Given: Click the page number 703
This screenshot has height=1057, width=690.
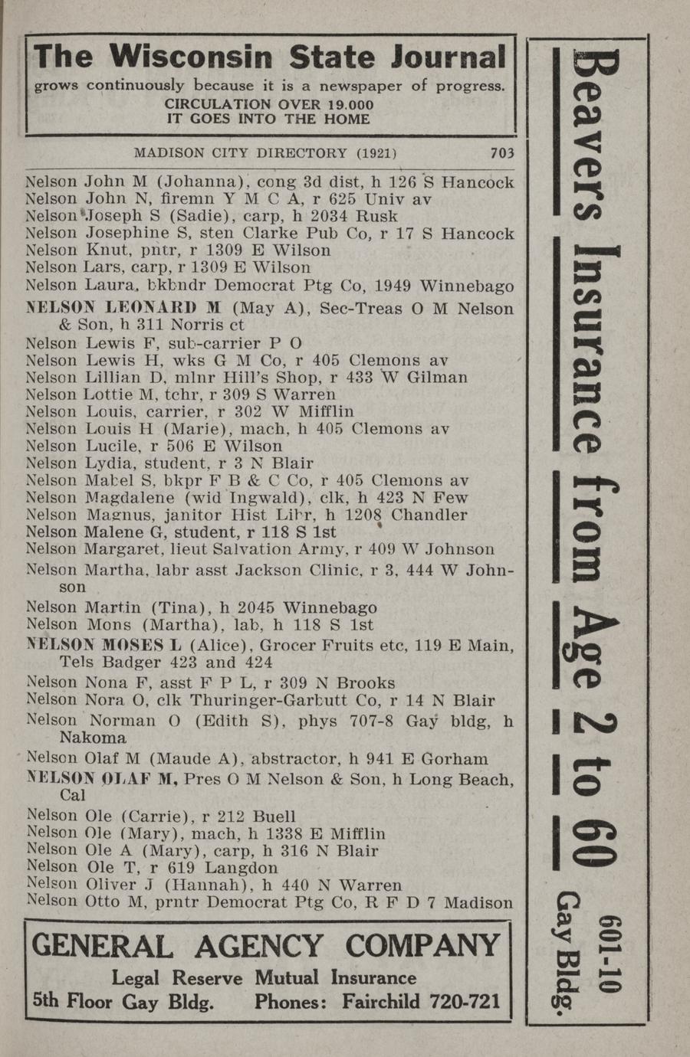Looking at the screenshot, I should click(501, 152).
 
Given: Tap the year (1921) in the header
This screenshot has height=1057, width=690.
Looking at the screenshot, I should click(376, 152).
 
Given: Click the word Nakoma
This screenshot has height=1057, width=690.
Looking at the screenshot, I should click(93, 738).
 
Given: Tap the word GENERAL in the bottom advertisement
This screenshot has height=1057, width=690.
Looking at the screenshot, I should click(102, 947).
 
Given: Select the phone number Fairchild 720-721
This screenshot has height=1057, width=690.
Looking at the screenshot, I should click(421, 1001).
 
